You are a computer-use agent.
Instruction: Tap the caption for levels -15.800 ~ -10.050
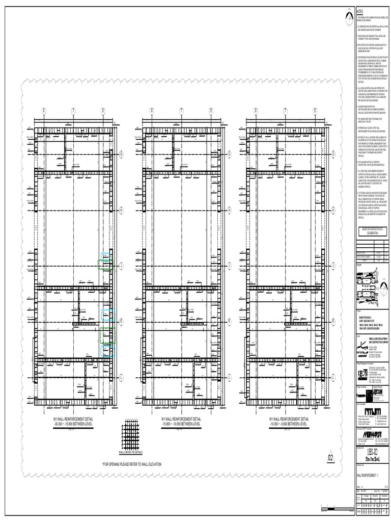(183, 421)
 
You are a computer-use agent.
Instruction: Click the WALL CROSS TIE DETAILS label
(131, 452)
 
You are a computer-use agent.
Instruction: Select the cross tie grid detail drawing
(131, 435)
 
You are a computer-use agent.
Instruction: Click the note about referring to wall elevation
(132, 464)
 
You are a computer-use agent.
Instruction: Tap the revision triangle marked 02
(330, 458)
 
